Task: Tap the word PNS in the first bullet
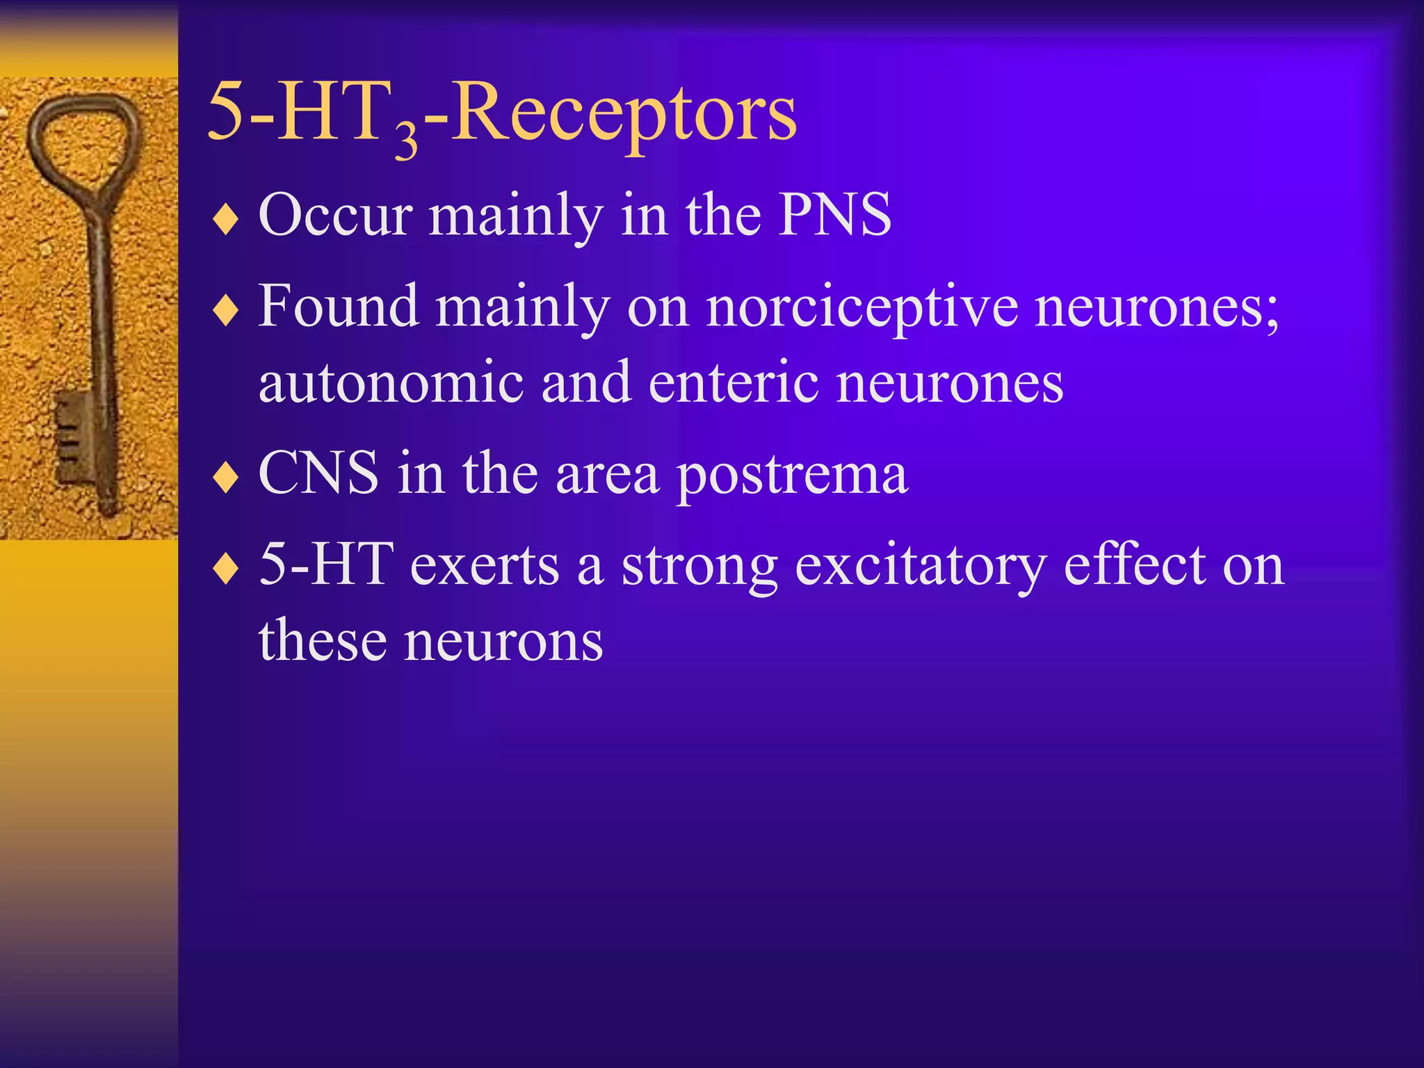pos(834,215)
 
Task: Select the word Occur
pos(336,215)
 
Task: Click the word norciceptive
pos(862,308)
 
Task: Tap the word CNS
pos(318,474)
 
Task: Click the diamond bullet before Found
pos(226,311)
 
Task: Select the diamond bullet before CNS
pos(226,478)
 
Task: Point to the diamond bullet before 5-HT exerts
pos(226,569)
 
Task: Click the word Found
pos(339,306)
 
